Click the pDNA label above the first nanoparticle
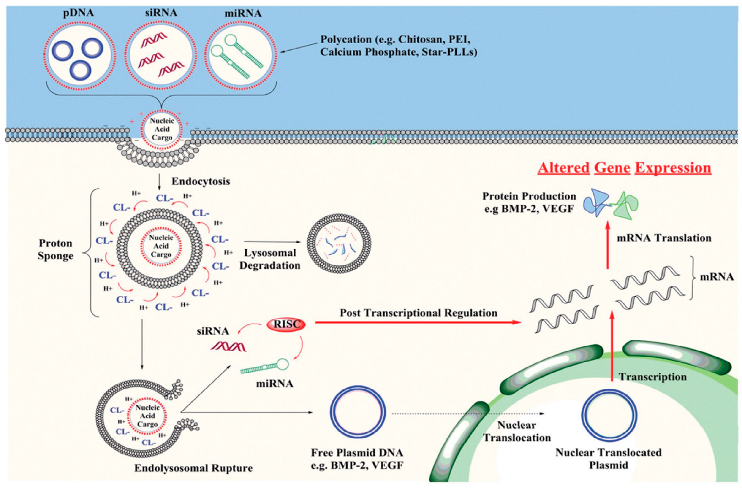[78, 14]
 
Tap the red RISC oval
[286, 324]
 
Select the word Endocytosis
[201, 181]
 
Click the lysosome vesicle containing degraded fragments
[339, 246]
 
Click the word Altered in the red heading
[563, 168]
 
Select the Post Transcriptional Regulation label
[419, 313]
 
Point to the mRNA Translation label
[664, 238]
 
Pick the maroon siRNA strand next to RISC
[228, 346]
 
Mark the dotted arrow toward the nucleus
[468, 414]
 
